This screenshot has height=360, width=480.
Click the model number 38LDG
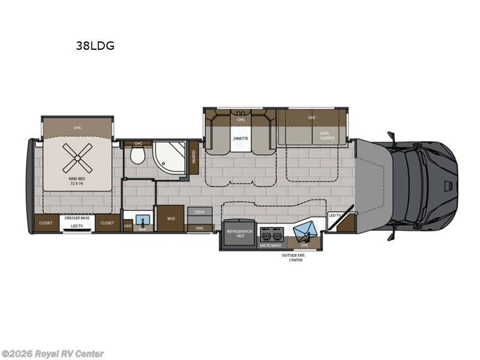pyautogui.click(x=95, y=44)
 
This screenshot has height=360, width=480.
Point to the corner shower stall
pyautogui.click(x=169, y=160)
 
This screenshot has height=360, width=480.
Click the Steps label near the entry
pyautogui.click(x=199, y=212)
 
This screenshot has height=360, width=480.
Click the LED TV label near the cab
pyautogui.click(x=334, y=214)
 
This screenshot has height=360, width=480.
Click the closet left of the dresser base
pyautogui.click(x=46, y=223)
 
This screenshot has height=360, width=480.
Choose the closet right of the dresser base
pyautogui.click(x=107, y=223)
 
